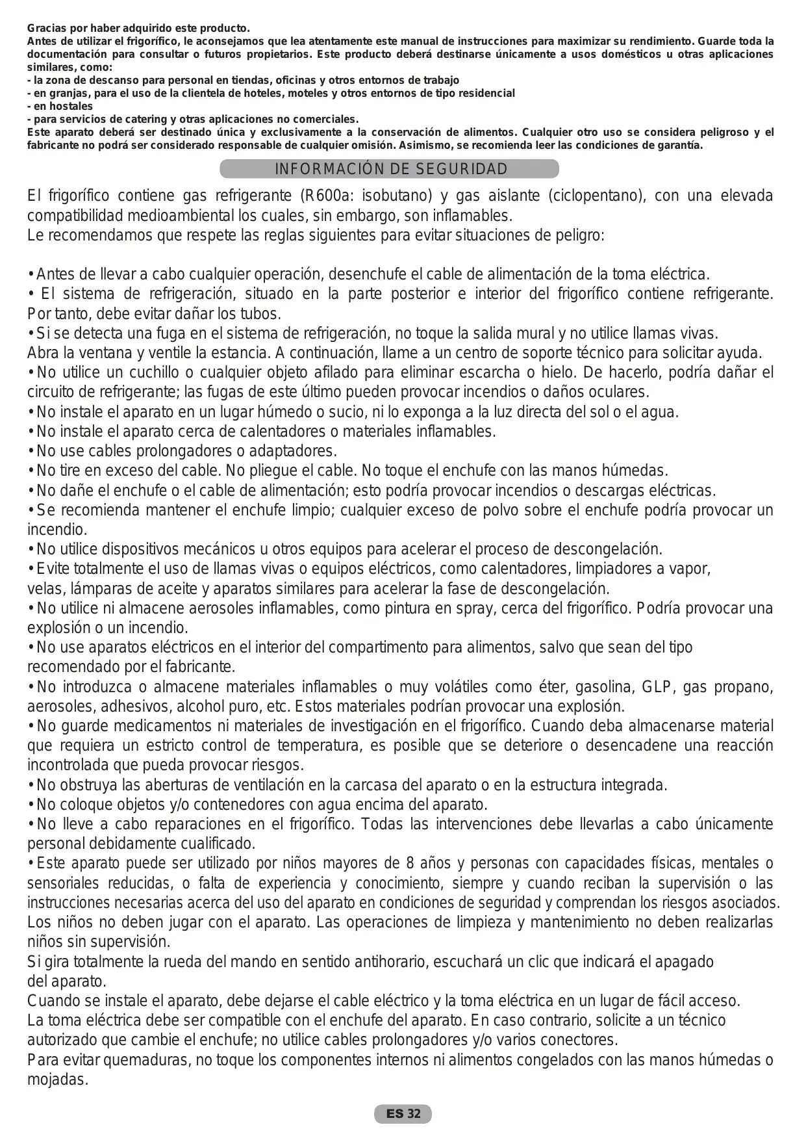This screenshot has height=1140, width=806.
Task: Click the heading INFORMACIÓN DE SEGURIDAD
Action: click(390, 170)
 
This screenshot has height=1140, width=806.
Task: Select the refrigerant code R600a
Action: click(329, 196)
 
